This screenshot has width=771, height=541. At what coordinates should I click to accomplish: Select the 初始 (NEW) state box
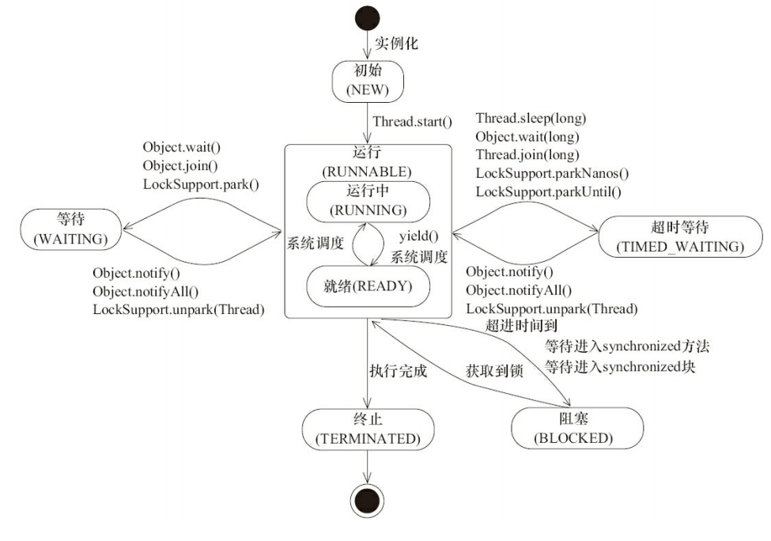pyautogui.click(x=368, y=80)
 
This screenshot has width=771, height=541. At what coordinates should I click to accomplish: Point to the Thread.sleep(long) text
pyautogui.click(x=531, y=119)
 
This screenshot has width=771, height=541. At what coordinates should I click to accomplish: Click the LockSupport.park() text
pyautogui.click(x=201, y=184)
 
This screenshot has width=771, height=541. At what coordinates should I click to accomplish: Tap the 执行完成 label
pyautogui.click(x=399, y=370)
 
